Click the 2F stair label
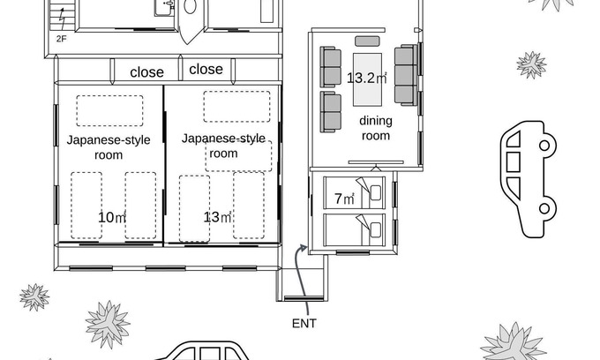coord(61,38)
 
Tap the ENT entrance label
coord(304,323)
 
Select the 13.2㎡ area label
coord(366,78)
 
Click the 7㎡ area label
coord(344,199)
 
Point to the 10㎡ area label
coord(112,217)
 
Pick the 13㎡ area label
coord(217,217)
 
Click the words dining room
coord(376,128)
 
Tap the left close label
coord(147,72)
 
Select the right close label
coord(206,69)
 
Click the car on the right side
coord(528,179)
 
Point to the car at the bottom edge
coord(203,351)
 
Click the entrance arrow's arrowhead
coord(304,249)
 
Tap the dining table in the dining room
coord(367,79)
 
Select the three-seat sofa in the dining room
coord(406,75)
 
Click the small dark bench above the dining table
coord(367,41)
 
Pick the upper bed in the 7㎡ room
coord(355,192)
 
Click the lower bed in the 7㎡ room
coord(355,229)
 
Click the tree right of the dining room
coord(531,64)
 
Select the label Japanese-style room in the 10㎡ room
coord(109,147)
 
